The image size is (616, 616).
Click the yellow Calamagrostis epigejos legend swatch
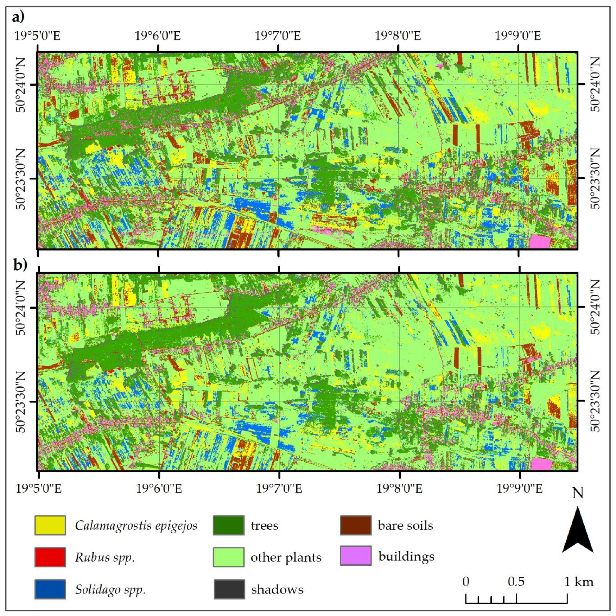50,525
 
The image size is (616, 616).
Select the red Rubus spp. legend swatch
50,557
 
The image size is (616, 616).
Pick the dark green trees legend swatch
229,525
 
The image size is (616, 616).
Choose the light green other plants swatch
229,557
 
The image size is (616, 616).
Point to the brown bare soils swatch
356,525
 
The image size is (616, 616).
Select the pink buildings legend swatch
356,556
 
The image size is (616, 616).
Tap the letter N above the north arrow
578,494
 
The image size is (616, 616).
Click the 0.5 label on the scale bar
516,582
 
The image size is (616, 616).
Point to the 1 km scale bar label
579,582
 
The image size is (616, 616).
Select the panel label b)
20,265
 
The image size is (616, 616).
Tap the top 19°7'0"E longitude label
278,36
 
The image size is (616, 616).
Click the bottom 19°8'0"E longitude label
399,488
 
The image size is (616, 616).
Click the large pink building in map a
540,242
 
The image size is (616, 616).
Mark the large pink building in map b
541,464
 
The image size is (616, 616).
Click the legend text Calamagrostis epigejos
136,525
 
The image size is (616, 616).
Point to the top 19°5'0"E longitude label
37,36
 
